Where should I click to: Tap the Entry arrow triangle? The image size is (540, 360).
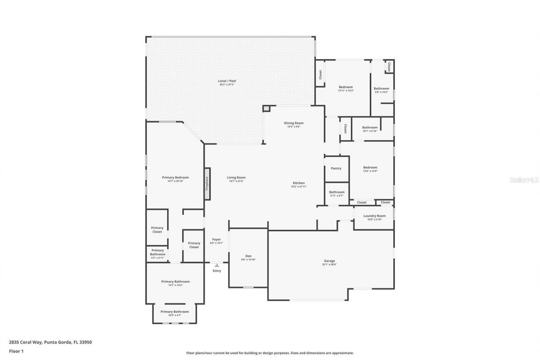coord(217,265)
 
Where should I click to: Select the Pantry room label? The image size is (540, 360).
coord(336,168)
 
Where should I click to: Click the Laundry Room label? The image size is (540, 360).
coord(375,216)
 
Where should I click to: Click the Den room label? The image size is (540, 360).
coord(248,256)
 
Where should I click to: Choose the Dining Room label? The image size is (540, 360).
coord(294,123)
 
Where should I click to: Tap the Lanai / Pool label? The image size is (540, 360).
coord(227,81)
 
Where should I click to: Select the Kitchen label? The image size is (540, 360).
coord(299,183)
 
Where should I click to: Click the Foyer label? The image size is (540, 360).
coord(216,239)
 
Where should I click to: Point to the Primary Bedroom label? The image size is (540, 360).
coord(175,177)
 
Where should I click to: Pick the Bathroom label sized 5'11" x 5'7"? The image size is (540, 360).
coord(337,192)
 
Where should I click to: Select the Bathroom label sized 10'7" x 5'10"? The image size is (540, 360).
coord(370,127)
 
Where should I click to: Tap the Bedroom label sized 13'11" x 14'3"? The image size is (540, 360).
coord(346,87)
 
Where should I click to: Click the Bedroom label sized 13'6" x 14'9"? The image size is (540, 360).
coord(370,168)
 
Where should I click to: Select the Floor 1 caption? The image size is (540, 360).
coord(16,351)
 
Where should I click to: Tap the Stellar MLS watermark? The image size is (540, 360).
coord(524,180)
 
